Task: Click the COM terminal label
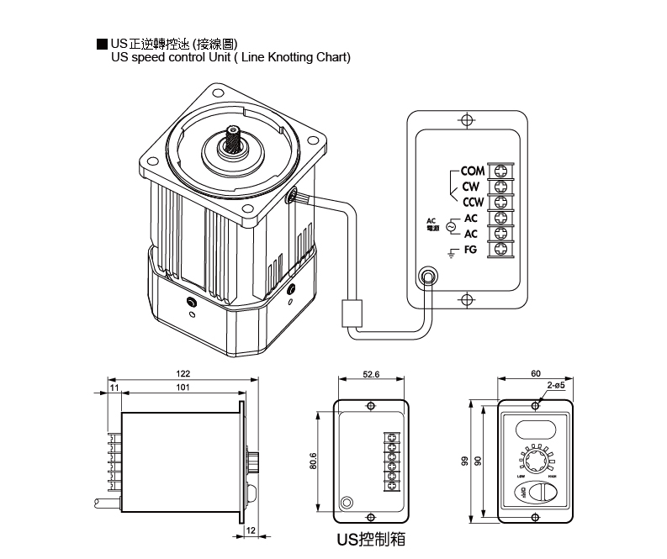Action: pos(473,171)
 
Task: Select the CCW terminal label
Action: pos(472,202)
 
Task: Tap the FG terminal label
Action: pos(470,249)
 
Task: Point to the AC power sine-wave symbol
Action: pos(450,226)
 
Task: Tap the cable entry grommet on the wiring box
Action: pos(429,277)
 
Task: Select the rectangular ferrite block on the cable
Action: pos(351,313)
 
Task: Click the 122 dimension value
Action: pos(183,373)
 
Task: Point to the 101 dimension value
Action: pos(183,388)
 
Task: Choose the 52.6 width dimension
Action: pos(371,375)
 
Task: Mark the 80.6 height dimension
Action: pos(313,461)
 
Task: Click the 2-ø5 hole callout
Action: pos(555,384)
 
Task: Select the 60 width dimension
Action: pos(536,372)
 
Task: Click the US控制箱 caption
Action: pos(369,540)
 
